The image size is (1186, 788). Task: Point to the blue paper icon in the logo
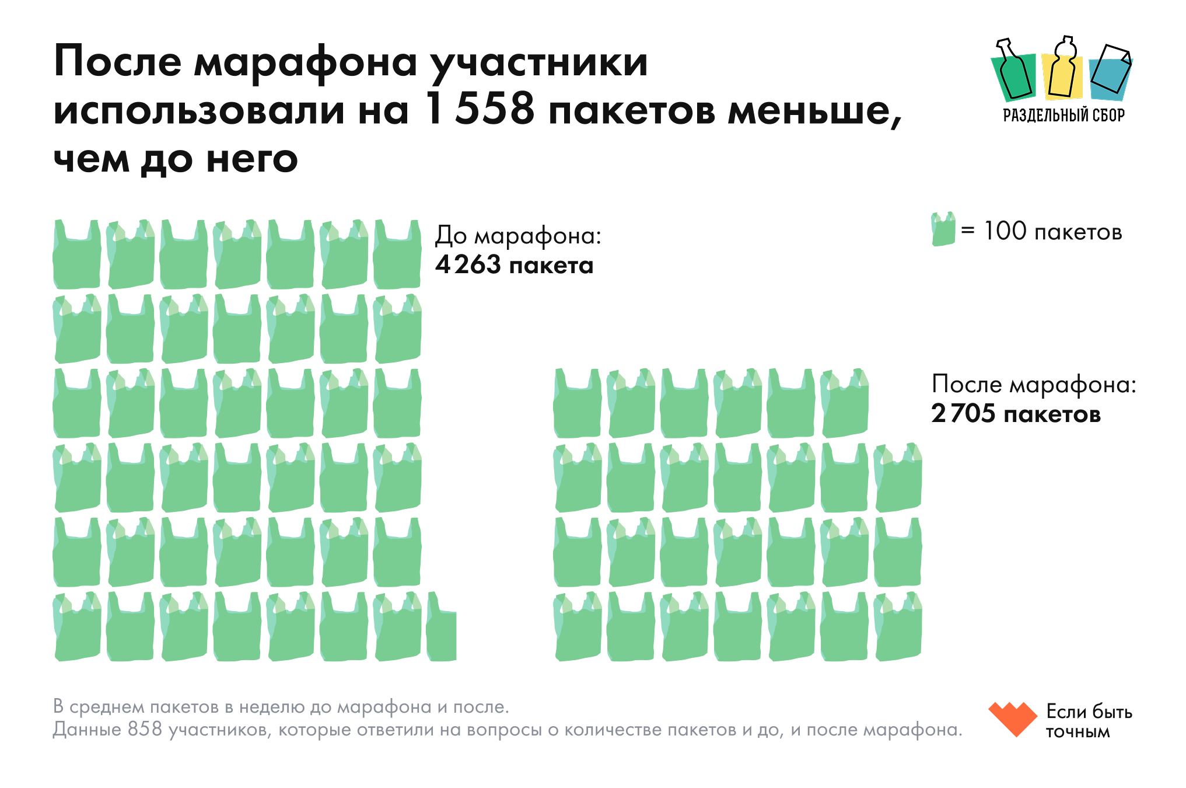click(x=1110, y=71)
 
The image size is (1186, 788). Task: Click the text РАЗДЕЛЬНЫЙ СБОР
click(x=1063, y=115)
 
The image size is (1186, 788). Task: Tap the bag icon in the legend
click(x=943, y=229)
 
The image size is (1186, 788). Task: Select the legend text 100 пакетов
click(x=1052, y=232)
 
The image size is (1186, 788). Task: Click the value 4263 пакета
click(x=514, y=265)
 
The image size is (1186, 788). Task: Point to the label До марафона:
click(x=517, y=235)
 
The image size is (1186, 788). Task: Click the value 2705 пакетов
click(x=1016, y=414)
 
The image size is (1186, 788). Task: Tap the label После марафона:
click(x=1034, y=384)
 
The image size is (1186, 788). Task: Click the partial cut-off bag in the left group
click(x=442, y=628)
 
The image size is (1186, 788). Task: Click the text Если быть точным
click(x=1088, y=721)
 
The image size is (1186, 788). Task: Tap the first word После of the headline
click(x=117, y=61)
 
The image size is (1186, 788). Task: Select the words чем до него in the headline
click(x=176, y=159)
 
